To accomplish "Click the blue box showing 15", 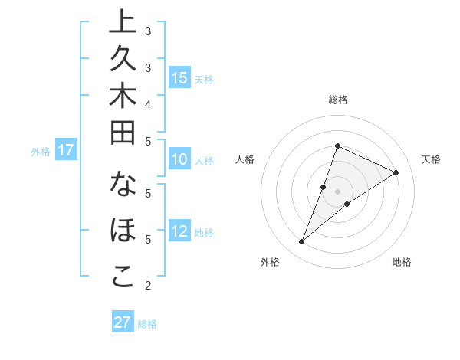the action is (x=179, y=78).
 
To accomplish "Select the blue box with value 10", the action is (x=179, y=160).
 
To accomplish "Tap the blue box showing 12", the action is (x=179, y=232).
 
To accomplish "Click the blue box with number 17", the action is (x=66, y=150).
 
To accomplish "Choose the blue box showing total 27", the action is (x=123, y=322).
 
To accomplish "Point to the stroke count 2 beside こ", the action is (x=148, y=286).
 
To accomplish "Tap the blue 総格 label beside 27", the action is (x=147, y=324).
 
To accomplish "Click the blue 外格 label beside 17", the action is (x=41, y=152).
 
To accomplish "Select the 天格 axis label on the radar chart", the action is (x=431, y=159).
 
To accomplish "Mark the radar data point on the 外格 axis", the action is (x=301, y=242).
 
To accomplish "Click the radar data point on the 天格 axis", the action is (x=396, y=172).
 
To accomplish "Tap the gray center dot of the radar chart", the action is (x=337, y=191).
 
